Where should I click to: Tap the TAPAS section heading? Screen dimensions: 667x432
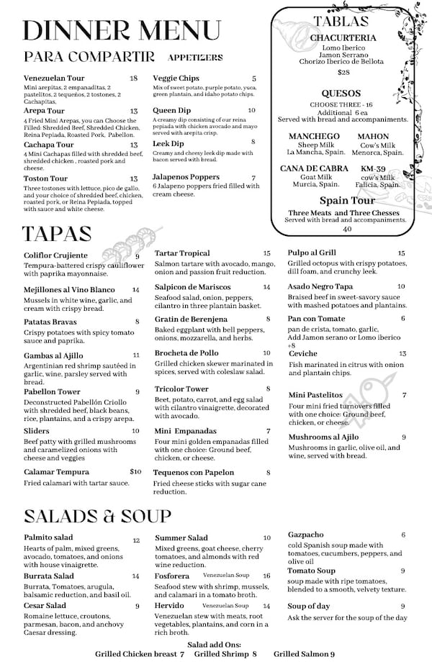pyautogui.click(x=57, y=234)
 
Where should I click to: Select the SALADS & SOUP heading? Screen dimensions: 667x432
pyautogui.click(x=97, y=516)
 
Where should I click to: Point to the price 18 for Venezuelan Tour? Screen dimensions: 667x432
pyautogui.click(x=134, y=78)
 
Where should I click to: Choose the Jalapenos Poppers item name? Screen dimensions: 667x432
pyautogui.click(x=186, y=177)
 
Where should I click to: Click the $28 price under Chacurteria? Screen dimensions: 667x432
pyautogui.click(x=343, y=72)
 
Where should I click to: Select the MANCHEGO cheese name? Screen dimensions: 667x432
pyautogui.click(x=314, y=136)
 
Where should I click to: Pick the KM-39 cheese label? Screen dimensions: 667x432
pyautogui.click(x=374, y=168)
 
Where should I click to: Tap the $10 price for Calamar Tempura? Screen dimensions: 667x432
pyautogui.click(x=135, y=472)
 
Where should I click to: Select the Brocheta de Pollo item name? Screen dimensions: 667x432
pyautogui.click(x=186, y=353)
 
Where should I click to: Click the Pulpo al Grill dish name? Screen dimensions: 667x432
pyautogui.click(x=312, y=253)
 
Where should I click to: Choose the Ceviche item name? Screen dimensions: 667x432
pyautogui.click(x=303, y=353)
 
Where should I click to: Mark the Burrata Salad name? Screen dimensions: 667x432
pyautogui.click(x=49, y=576)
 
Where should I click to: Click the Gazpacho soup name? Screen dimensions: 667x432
pyautogui.click(x=305, y=535)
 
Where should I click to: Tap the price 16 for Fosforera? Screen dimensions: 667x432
pyautogui.click(x=266, y=576)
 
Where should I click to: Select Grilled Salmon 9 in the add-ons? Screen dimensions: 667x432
pyautogui.click(x=304, y=654)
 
